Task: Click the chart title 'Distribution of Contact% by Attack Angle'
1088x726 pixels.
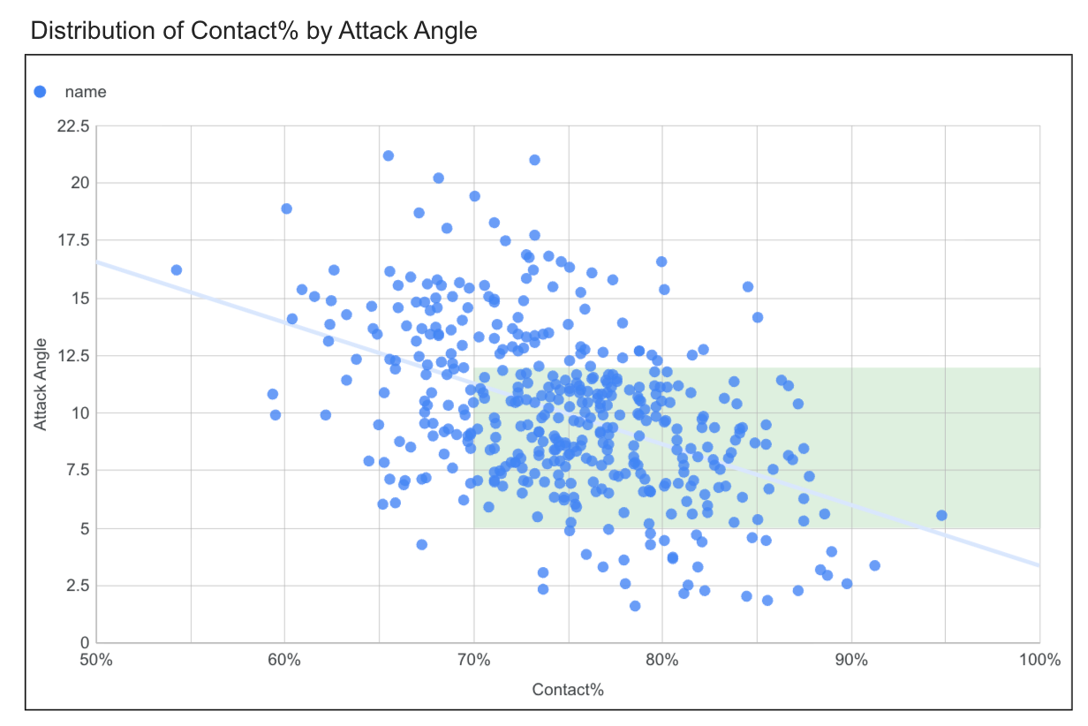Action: [x=253, y=31]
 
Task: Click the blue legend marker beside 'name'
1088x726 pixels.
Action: [x=40, y=91]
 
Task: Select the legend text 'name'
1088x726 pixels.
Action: [x=86, y=91]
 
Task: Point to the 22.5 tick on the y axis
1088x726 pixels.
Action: [x=72, y=126]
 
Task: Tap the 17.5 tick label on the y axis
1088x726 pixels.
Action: [x=72, y=240]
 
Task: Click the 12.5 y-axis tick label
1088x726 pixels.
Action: [x=72, y=355]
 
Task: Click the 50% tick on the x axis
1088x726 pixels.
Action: [x=95, y=661]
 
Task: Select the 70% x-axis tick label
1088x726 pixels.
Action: [x=473, y=661]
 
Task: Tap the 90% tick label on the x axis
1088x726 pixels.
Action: [x=851, y=661]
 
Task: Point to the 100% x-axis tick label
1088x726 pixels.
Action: [x=1038, y=661]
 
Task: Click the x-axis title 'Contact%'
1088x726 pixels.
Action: [x=568, y=689]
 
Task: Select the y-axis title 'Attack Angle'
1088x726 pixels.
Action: [x=41, y=385]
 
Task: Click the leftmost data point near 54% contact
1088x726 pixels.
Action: [x=176, y=269]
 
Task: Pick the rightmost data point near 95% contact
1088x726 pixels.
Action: [x=941, y=515]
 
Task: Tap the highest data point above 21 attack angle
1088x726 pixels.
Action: [x=388, y=155]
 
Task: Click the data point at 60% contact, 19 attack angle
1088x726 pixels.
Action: [x=286, y=208]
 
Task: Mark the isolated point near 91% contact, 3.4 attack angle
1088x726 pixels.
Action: [x=874, y=565]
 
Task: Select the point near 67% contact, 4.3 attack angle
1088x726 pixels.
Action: [x=421, y=544]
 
